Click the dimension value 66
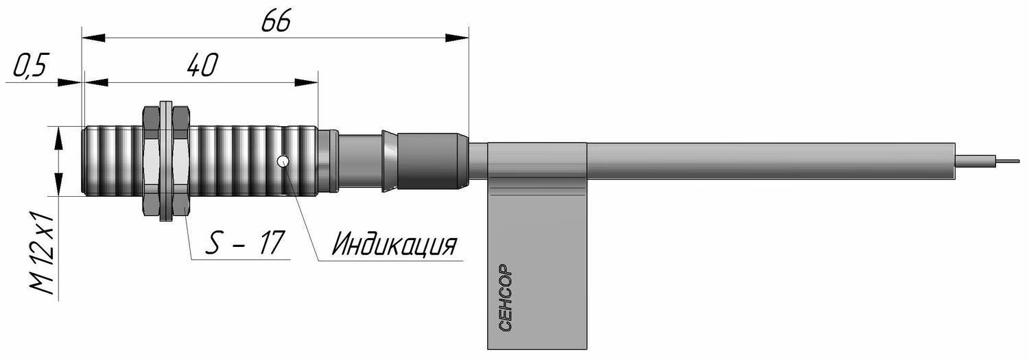coord(276,21)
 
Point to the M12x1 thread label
coord(43,252)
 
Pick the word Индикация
coord(394,244)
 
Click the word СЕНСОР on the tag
coord(505,298)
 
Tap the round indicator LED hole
coord(283,161)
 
